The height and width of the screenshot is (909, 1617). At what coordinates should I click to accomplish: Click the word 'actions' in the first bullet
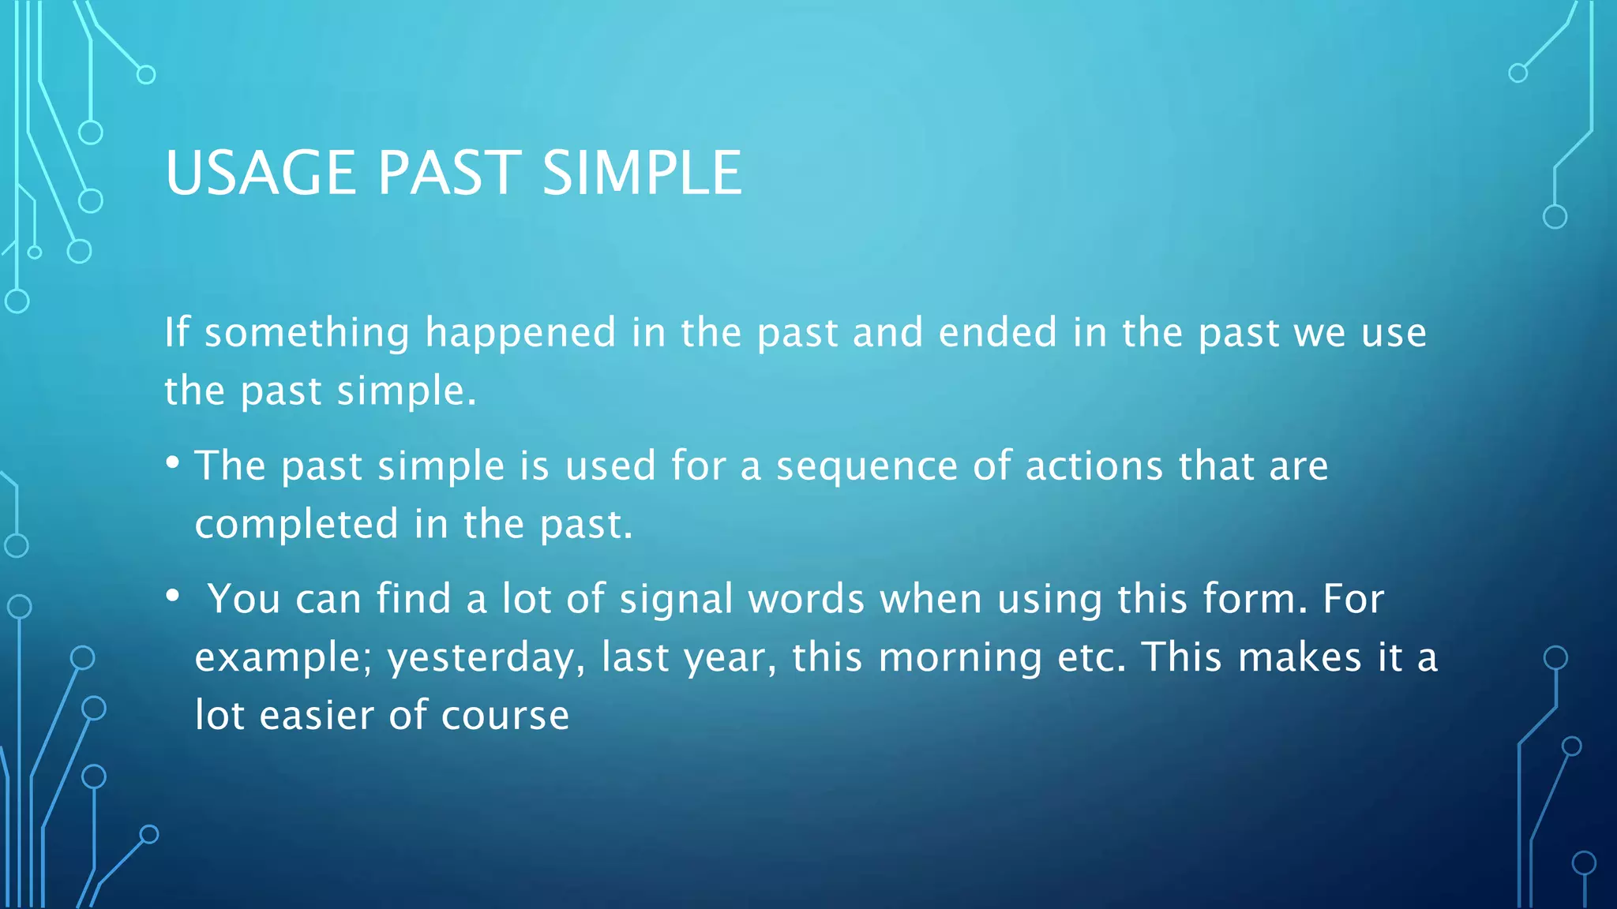(1094, 466)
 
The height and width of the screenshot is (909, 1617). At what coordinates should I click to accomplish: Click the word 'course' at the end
(505, 716)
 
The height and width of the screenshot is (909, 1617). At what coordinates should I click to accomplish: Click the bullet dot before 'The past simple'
(173, 463)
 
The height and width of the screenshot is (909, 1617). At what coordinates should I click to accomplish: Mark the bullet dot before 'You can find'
(173, 597)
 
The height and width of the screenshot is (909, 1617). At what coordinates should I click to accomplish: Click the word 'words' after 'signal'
(806, 599)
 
